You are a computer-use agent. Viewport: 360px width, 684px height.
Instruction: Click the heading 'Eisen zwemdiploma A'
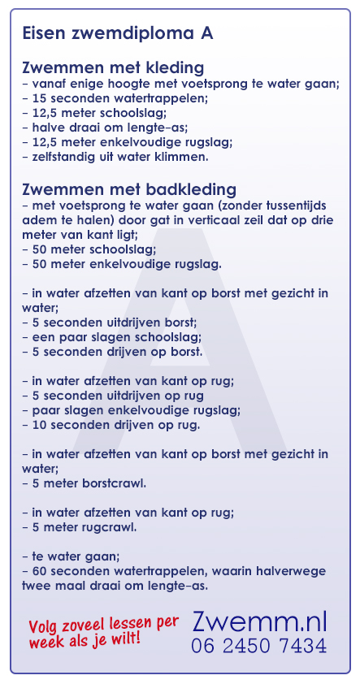(x=119, y=34)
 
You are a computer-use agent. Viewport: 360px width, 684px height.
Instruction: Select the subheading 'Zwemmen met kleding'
(x=113, y=67)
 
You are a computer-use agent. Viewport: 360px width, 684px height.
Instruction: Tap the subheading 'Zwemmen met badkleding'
(x=129, y=189)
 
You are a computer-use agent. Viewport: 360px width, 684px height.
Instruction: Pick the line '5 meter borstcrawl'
(x=85, y=483)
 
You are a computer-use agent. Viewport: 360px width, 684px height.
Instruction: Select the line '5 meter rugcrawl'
(x=79, y=527)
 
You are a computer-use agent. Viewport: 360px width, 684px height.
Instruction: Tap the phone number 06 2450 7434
(x=259, y=647)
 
